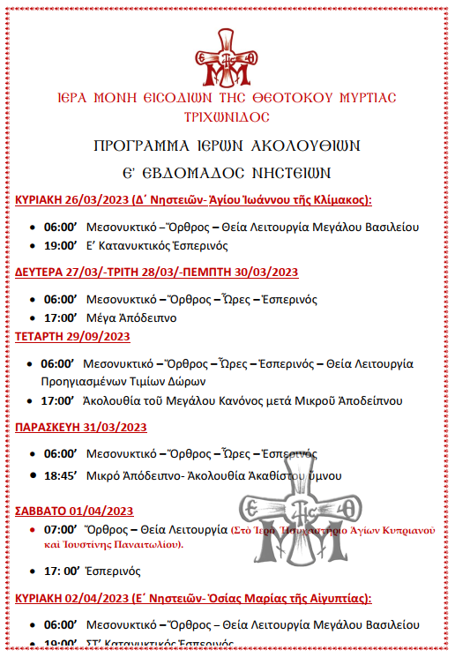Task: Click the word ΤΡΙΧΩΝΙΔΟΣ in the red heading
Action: click(x=227, y=116)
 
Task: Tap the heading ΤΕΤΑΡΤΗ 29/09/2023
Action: click(x=73, y=336)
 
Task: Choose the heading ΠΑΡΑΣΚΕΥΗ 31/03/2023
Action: click(x=81, y=428)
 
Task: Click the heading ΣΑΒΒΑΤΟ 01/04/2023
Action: click(x=73, y=511)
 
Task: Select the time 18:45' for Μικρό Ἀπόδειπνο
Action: click(x=61, y=476)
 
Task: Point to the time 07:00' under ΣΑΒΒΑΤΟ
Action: click(x=61, y=531)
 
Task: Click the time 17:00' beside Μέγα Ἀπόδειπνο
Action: click(x=61, y=317)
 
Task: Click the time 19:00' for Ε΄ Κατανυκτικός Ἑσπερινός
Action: click(x=61, y=246)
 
